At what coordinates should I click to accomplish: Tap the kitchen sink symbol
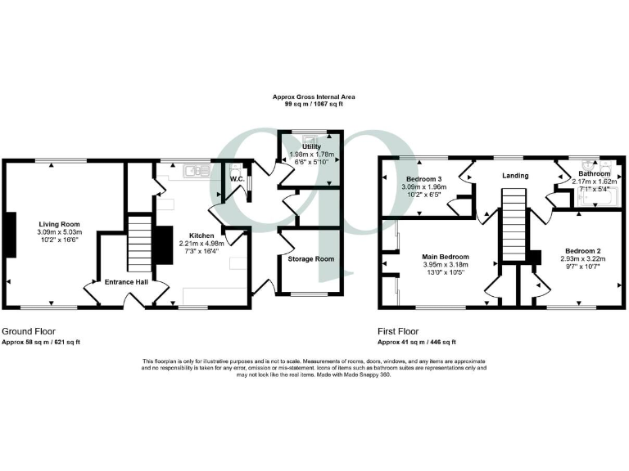coord(195,171)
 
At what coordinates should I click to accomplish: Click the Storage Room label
coord(310,259)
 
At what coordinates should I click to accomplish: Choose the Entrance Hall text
coord(125,281)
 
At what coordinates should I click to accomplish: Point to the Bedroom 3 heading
coord(423,178)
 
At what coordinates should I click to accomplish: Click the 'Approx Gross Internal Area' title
coord(314,96)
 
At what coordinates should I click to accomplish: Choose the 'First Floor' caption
coord(397,332)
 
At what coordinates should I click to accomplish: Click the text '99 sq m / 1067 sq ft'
coord(314,105)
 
